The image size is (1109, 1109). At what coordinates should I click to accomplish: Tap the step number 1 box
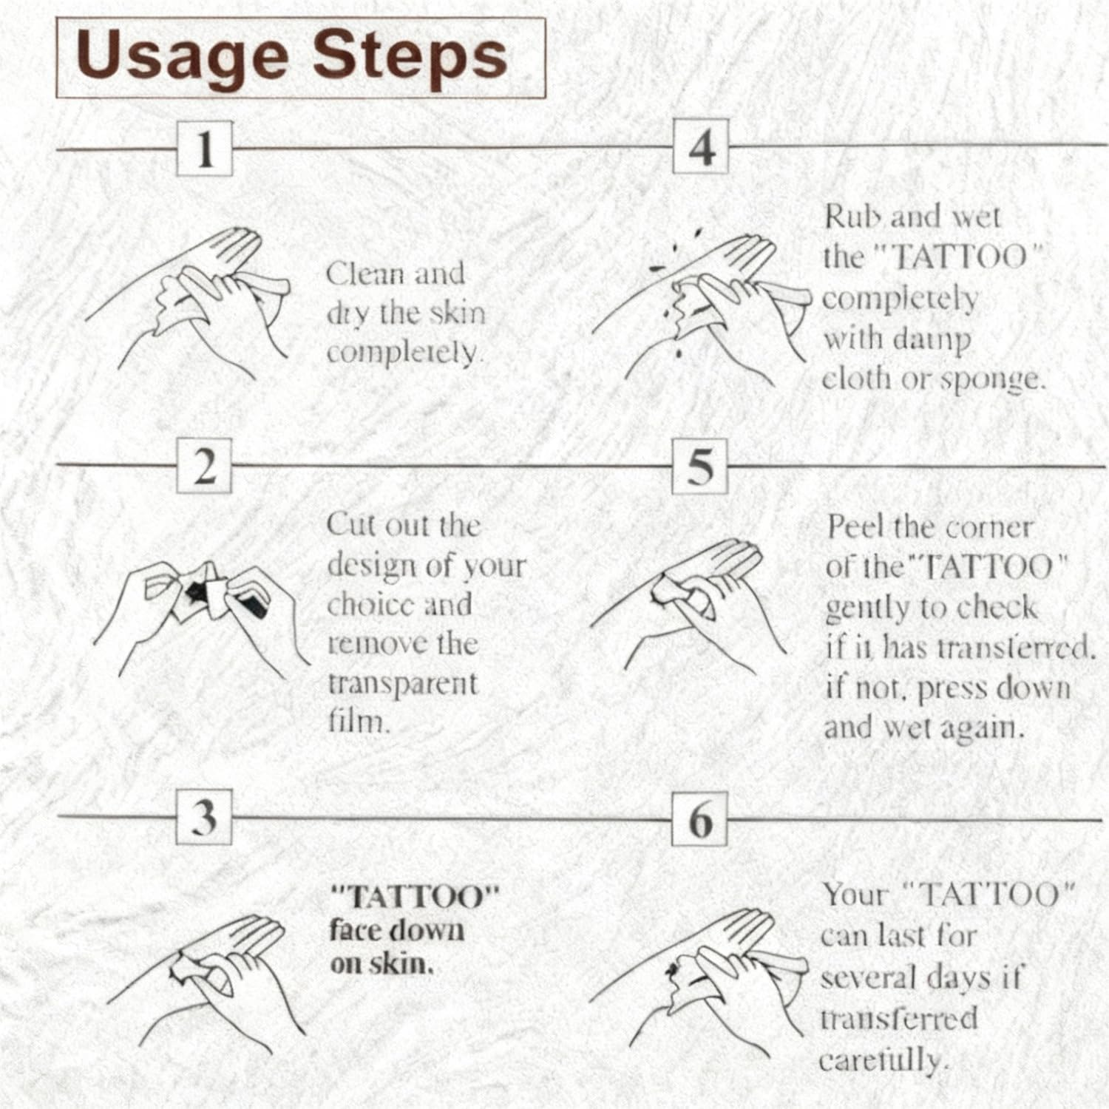click(x=205, y=149)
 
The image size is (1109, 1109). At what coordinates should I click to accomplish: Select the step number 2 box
click(x=205, y=466)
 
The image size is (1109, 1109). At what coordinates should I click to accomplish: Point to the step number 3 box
click(x=205, y=817)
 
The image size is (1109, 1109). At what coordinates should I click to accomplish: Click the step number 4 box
click(x=701, y=147)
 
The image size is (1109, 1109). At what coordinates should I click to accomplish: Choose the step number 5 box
click(x=701, y=466)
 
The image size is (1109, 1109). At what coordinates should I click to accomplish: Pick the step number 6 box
click(x=701, y=818)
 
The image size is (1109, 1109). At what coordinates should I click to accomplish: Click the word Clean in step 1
click(x=364, y=274)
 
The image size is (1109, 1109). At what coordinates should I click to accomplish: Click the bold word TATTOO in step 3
click(x=415, y=898)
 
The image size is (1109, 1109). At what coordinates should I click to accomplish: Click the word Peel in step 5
click(x=856, y=526)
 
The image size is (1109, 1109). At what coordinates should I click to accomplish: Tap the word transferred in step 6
click(x=899, y=1020)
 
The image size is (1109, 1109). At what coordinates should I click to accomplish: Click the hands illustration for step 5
click(x=684, y=603)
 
